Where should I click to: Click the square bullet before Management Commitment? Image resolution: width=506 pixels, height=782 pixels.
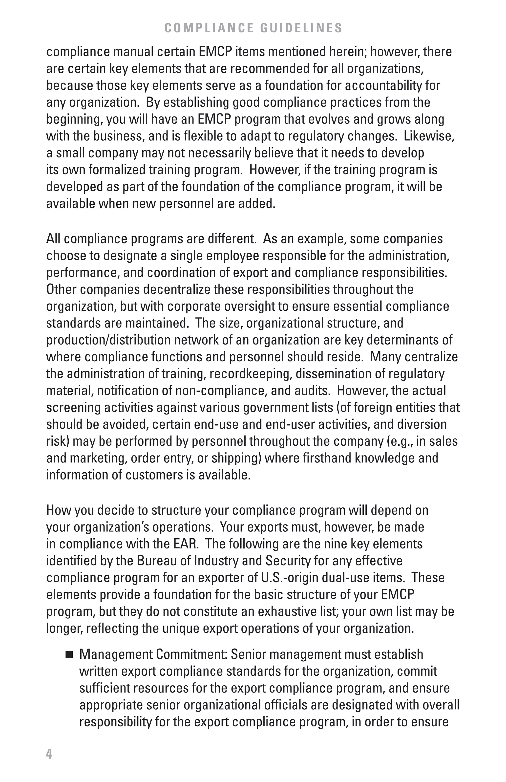click(69, 655)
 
